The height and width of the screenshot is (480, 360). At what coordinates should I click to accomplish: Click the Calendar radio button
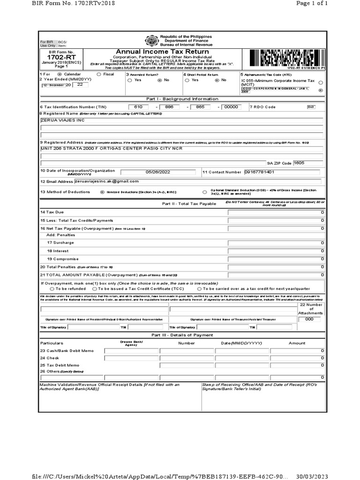59,74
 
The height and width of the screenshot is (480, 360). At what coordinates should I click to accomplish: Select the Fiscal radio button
98,74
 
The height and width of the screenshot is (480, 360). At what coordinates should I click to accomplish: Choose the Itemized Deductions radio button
103,192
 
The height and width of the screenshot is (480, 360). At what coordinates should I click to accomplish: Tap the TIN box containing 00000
232,107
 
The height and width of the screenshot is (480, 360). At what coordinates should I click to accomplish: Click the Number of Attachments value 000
309,319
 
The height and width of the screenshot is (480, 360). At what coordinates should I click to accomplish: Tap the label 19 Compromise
60,259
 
